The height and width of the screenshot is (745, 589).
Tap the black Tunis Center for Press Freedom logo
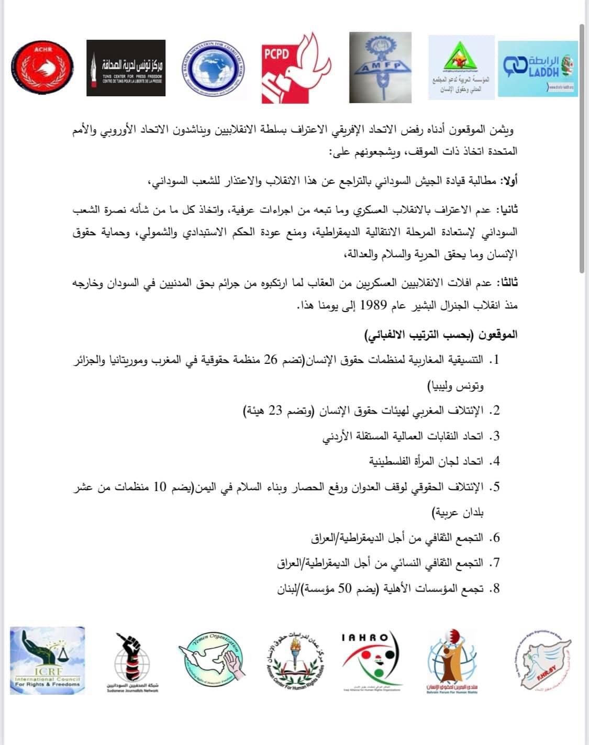click(126, 68)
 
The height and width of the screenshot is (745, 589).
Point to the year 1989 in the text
click(371, 305)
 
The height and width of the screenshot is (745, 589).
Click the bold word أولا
click(508, 182)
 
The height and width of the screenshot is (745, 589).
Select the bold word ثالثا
click(507, 283)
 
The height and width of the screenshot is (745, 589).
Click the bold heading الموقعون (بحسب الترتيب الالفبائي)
click(441, 334)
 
